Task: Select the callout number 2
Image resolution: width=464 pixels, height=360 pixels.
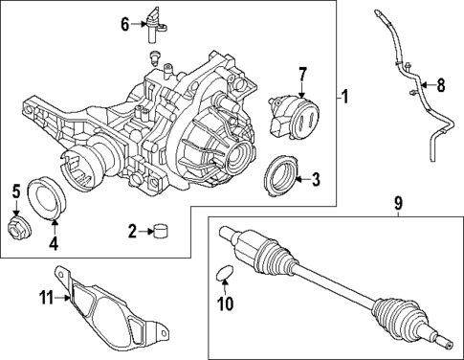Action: [x=133, y=230]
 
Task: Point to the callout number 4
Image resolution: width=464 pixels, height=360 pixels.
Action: [x=53, y=243]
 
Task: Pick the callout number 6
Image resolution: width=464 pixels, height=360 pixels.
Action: [x=125, y=24]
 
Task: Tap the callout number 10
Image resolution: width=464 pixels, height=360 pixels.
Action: [x=227, y=305]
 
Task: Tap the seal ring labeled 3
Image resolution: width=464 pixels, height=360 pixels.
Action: [x=281, y=172]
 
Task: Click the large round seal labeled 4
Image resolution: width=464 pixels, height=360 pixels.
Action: [x=46, y=196]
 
